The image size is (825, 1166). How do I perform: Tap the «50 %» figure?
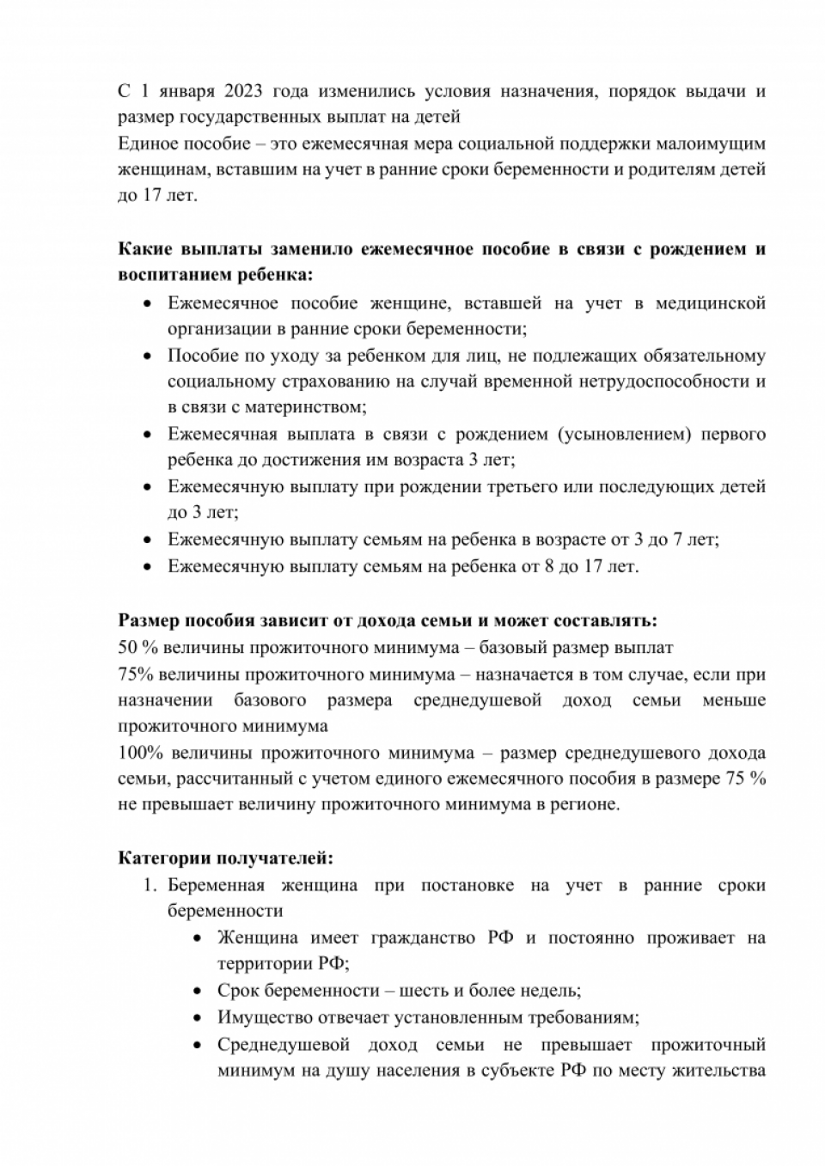click(135, 647)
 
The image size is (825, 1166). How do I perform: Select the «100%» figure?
click(140, 753)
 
